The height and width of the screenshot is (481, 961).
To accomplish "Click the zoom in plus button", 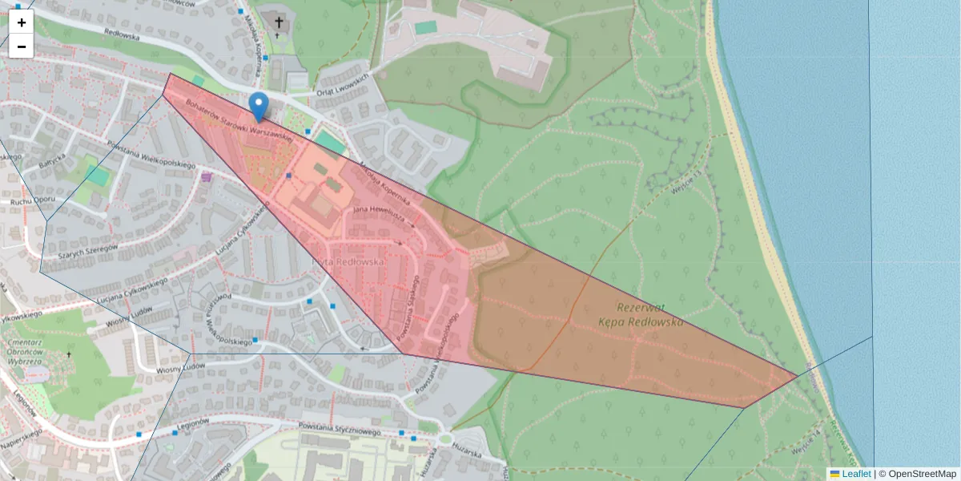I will pos(22,22).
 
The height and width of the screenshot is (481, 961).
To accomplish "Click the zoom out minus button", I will pos(22,46).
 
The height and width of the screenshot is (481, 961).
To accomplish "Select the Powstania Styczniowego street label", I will pos(338,430).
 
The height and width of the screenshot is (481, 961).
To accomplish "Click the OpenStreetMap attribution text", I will pos(922,474).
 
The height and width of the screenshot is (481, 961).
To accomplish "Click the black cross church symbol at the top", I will pos(279,22).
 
